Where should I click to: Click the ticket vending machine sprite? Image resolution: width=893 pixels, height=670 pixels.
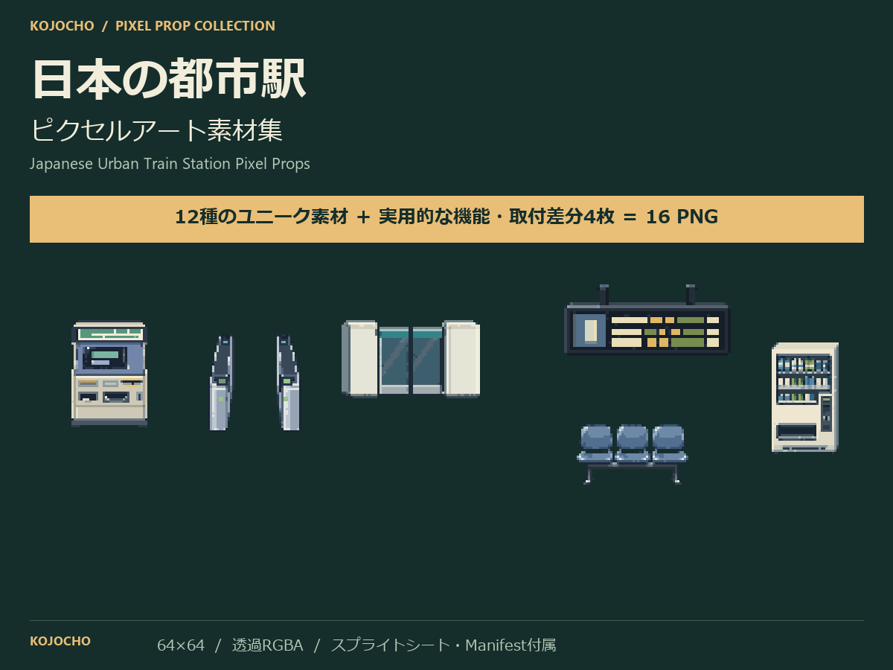click(x=109, y=374)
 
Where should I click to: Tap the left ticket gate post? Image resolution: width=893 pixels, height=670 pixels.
click(x=221, y=383)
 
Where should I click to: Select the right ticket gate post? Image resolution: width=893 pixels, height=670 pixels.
click(x=288, y=383)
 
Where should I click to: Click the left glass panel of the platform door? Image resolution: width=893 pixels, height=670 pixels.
click(x=394, y=361)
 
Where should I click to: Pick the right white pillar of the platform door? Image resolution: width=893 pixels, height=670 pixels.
click(x=462, y=358)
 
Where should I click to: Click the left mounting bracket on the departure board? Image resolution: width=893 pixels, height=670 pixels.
click(x=604, y=294)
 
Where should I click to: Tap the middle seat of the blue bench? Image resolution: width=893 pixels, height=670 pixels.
click(x=633, y=444)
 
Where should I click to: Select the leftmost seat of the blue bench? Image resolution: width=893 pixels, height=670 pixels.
click(x=596, y=444)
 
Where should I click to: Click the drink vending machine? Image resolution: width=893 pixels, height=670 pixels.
click(x=804, y=398)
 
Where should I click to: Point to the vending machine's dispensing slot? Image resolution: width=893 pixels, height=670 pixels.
click(x=796, y=431)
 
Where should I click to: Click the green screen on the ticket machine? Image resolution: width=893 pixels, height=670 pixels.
click(x=105, y=355)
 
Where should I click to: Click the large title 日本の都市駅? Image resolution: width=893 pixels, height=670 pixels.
click(x=169, y=78)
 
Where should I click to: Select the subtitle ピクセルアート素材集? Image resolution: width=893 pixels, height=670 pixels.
click(x=156, y=130)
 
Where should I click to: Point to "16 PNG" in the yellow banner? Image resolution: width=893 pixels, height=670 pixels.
click(x=682, y=217)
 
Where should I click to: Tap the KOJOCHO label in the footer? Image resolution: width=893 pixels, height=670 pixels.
click(x=60, y=641)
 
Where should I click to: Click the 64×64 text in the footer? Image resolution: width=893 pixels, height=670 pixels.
click(x=181, y=645)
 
